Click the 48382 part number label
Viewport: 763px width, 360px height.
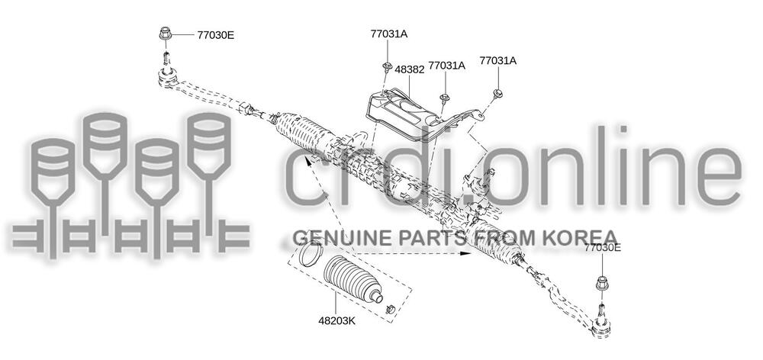click(409, 69)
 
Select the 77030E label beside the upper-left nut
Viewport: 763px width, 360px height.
click(216, 35)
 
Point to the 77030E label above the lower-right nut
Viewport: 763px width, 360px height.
click(603, 248)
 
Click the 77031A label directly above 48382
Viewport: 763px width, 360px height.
click(389, 34)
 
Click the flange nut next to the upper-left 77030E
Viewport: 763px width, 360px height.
click(165, 34)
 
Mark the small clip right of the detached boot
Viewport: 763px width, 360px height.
click(390, 309)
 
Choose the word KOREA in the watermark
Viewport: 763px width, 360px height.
click(584, 237)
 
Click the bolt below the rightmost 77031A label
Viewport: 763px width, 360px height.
click(497, 93)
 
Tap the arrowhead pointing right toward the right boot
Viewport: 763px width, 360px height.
click(465, 256)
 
